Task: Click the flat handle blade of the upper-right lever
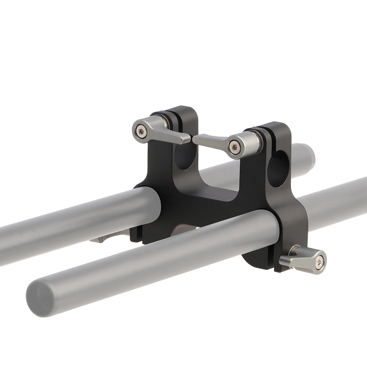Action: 209,140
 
